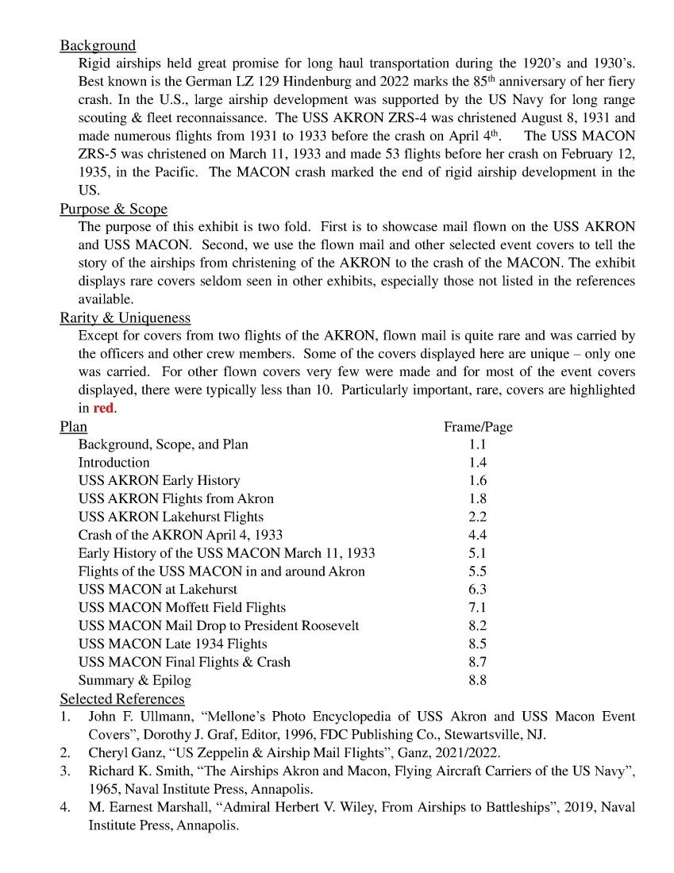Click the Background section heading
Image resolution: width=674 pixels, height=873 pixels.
coord(98,45)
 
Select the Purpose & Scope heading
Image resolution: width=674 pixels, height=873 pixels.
coord(114,209)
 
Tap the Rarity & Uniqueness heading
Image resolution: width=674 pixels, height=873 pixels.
coord(125,317)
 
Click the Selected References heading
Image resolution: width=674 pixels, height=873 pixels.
coord(121,698)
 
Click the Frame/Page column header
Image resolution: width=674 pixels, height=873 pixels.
coord(478,427)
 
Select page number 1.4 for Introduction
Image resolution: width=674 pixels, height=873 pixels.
coord(478,463)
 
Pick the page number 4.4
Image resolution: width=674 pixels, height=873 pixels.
coord(478,535)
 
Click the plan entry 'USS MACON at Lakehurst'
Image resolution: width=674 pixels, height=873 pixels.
coord(157,590)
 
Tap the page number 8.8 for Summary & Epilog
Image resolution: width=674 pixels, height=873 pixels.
coord(478,680)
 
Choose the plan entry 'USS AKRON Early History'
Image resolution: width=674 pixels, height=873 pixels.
coord(159,481)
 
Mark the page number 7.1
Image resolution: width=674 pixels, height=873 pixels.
coord(478,607)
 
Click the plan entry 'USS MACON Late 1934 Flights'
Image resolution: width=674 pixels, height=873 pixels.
coord(172,644)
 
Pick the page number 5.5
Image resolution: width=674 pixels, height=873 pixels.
coord(478,571)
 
